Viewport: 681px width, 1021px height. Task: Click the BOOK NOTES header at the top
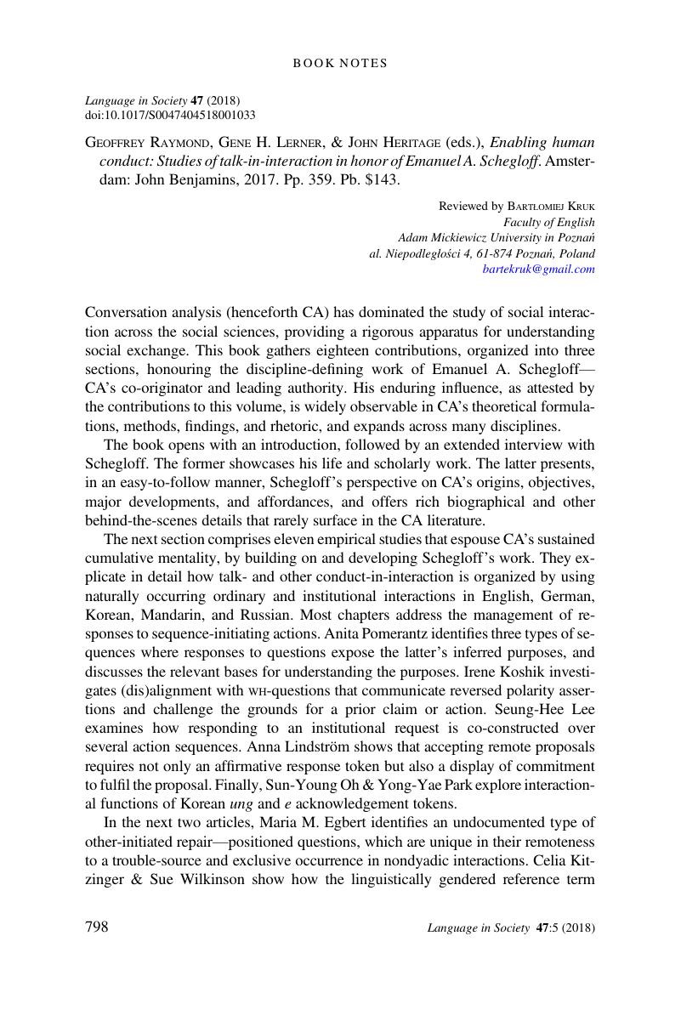[x=340, y=63]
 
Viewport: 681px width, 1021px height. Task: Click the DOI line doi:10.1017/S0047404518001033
[x=170, y=115]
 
